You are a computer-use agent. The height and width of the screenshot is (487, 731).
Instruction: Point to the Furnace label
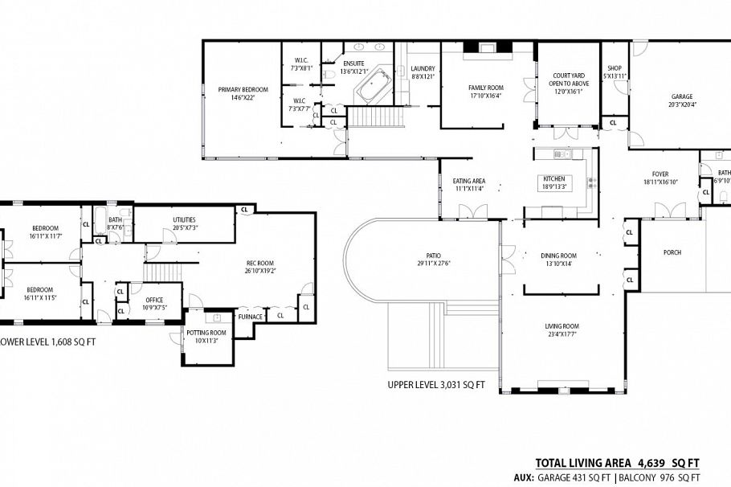point(250,317)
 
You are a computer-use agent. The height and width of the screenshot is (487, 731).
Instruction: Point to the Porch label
point(672,252)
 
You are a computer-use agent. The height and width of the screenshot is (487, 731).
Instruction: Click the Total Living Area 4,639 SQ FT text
point(617,463)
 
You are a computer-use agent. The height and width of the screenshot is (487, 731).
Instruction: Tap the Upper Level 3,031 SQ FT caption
point(436,384)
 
